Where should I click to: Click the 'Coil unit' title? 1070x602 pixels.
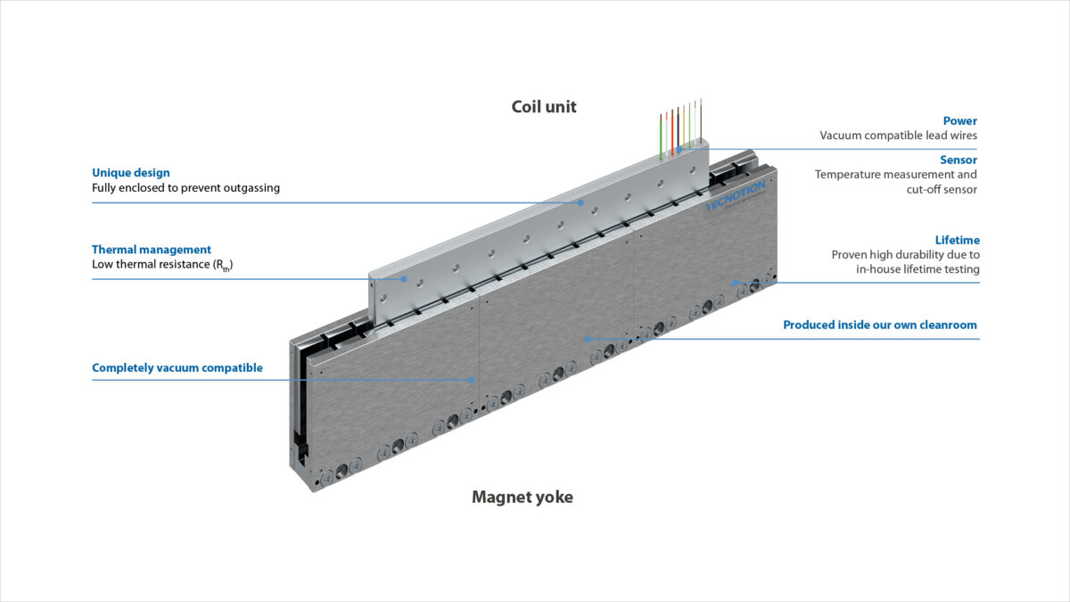coord(544,107)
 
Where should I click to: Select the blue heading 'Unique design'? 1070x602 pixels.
coord(130,173)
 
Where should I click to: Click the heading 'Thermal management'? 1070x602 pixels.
coord(152,250)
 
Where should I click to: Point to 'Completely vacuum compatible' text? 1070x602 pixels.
coord(177,367)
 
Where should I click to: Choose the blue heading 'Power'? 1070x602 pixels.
coord(960,120)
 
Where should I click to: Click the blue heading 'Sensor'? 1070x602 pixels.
coord(959,160)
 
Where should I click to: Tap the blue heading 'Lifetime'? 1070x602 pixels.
coord(957,240)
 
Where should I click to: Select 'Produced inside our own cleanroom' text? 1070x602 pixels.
coord(880,325)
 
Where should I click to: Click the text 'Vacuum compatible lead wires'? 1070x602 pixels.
coord(899,136)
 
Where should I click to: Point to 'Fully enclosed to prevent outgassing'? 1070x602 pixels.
coord(185,188)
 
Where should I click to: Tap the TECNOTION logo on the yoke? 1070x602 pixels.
coord(730,194)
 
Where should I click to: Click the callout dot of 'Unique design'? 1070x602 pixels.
coord(580,202)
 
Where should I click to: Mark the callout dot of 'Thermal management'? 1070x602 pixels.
coord(405,279)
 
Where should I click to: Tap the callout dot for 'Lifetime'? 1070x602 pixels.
coord(735,283)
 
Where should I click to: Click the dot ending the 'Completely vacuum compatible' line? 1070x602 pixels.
coord(473,380)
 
